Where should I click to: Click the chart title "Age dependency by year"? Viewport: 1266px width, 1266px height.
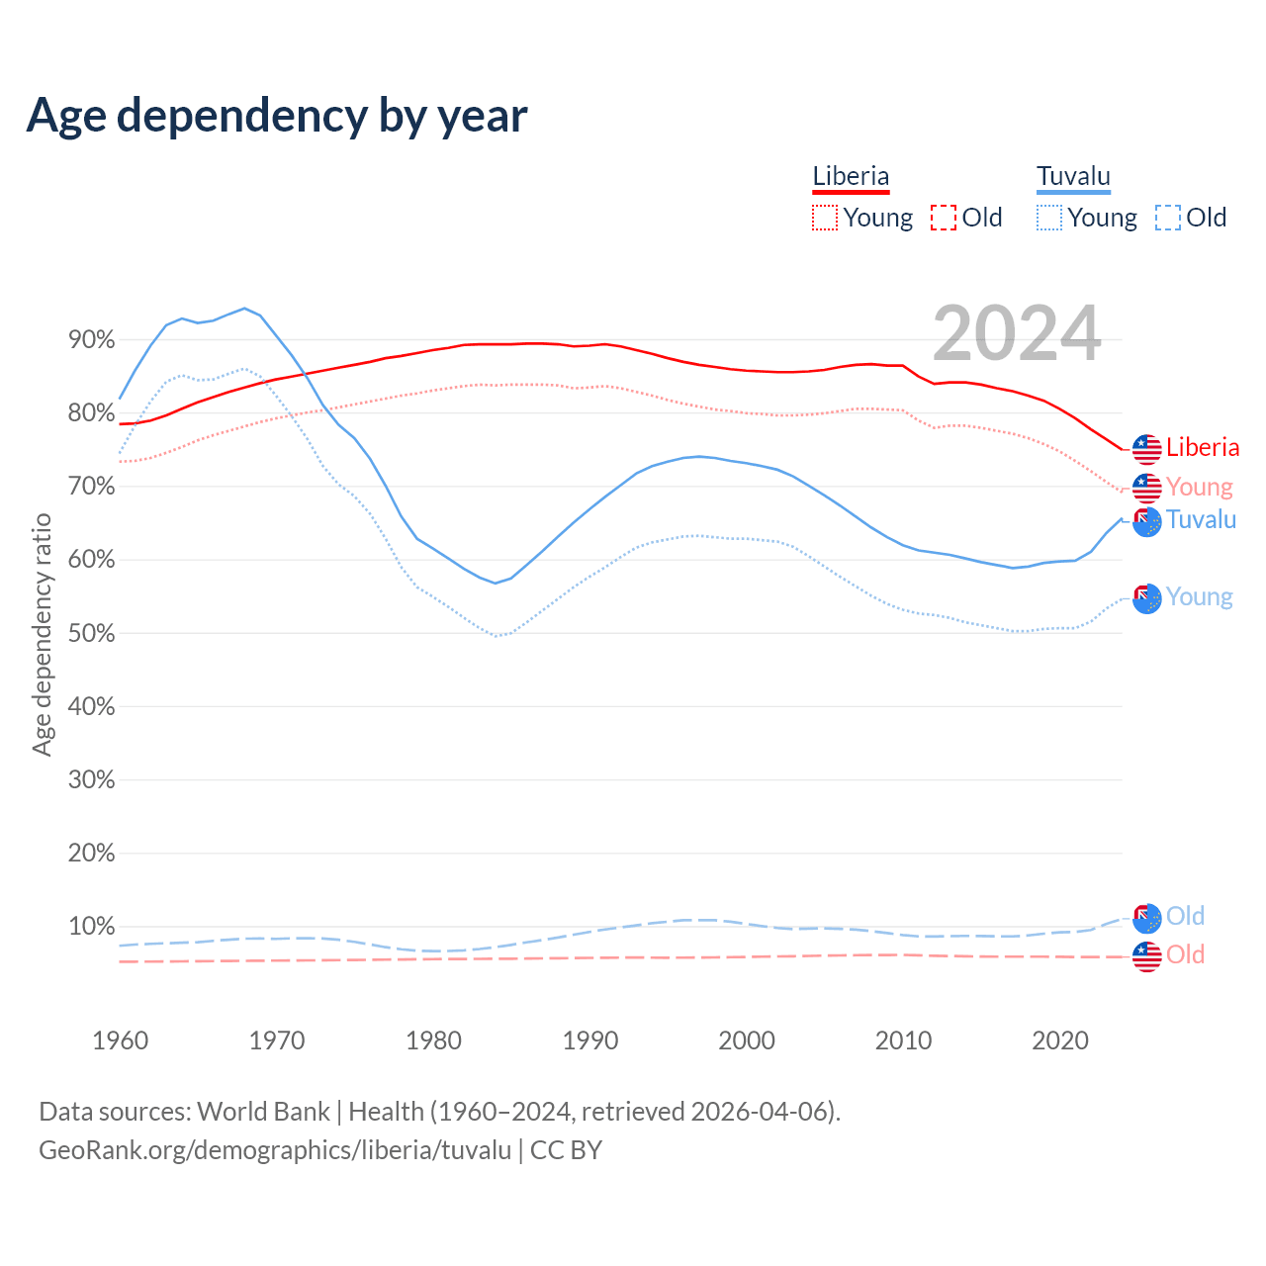[277, 115]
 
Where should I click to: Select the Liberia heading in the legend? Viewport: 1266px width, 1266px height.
[851, 177]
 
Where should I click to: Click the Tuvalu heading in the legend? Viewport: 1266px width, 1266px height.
[1073, 177]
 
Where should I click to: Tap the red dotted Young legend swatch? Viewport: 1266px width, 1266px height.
[824, 218]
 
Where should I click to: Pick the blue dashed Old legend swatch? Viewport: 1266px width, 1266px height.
[1167, 218]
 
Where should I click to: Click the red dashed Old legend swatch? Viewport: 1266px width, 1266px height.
[943, 218]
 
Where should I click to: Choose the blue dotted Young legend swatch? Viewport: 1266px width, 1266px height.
[1048, 218]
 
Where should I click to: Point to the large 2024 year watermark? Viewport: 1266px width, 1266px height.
[1017, 334]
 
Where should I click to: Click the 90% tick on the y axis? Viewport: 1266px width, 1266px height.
[91, 340]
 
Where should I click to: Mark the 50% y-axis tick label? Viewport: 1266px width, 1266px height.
[91, 633]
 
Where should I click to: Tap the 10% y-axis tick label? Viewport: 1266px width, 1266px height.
[91, 927]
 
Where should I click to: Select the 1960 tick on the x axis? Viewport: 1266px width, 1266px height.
[120, 1040]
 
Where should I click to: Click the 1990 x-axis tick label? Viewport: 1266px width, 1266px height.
[590, 1040]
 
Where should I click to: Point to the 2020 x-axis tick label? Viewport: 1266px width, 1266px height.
[1060, 1040]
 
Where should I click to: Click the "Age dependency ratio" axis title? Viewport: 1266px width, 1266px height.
[42, 634]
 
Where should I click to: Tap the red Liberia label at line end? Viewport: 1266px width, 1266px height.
[1203, 447]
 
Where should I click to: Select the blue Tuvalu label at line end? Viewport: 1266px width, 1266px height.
[1201, 519]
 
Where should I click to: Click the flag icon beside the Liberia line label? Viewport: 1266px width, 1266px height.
[1146, 449]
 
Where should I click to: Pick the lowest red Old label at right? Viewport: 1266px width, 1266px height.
[1185, 954]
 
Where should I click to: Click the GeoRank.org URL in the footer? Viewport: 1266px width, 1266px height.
[275, 1150]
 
